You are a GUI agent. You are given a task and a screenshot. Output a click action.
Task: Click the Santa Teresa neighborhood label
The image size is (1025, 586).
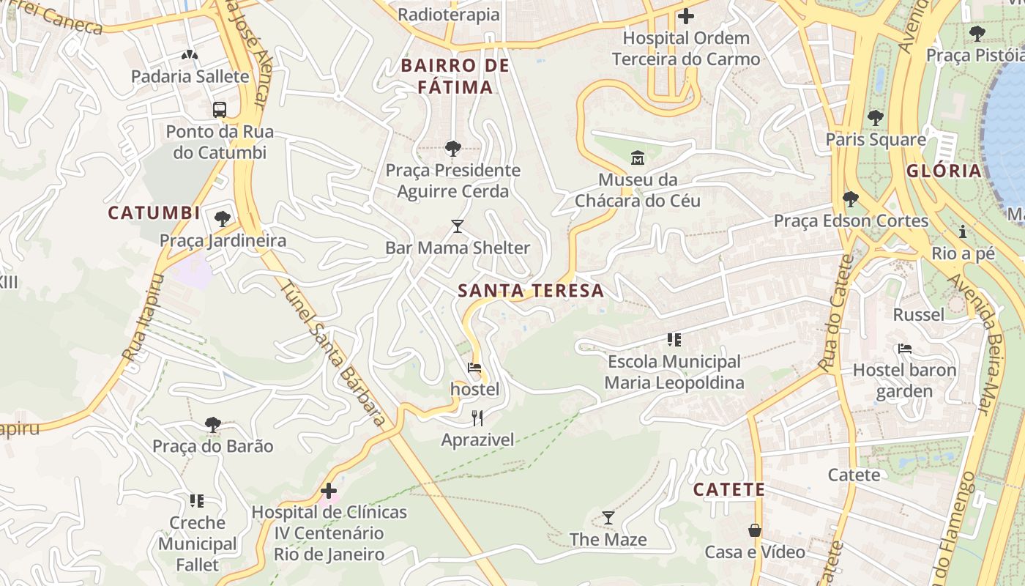coord(531,291)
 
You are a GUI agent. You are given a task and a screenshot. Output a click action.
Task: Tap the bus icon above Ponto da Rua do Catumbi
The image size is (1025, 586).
coord(219,110)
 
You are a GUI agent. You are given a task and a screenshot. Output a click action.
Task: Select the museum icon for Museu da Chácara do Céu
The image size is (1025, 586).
coord(637,157)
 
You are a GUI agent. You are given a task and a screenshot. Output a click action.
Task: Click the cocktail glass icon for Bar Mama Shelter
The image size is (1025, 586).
coord(458,226)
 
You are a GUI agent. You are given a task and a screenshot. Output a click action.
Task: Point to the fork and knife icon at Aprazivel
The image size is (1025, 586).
coord(477,418)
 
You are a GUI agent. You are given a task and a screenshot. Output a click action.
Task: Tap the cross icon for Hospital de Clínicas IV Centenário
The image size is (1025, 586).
coord(329,490)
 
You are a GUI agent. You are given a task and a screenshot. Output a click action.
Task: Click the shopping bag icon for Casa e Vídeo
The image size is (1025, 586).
coord(755,530)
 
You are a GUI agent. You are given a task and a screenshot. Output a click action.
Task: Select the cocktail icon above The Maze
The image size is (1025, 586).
coord(608,518)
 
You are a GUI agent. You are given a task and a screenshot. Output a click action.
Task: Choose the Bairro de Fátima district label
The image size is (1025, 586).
coord(455,76)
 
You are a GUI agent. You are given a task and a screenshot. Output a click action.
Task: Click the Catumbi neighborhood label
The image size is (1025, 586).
coord(154,213)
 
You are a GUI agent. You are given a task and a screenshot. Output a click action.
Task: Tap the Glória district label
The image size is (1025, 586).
coord(944,171)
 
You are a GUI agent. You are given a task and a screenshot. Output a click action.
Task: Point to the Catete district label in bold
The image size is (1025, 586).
coord(728,489)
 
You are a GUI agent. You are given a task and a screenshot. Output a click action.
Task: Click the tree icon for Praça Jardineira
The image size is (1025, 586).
coord(223,218)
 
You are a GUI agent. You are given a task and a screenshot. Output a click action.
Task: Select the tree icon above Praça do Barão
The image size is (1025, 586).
coord(213,424)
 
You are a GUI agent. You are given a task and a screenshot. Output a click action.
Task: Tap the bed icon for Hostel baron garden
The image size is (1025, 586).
coord(905,349)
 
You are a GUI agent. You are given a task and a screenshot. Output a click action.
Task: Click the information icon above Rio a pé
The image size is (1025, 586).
coord(963,232)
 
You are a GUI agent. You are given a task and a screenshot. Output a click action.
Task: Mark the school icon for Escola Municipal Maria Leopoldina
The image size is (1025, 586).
coord(674,340)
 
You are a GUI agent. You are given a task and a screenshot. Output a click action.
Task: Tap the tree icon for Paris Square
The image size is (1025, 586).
coord(876,117)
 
